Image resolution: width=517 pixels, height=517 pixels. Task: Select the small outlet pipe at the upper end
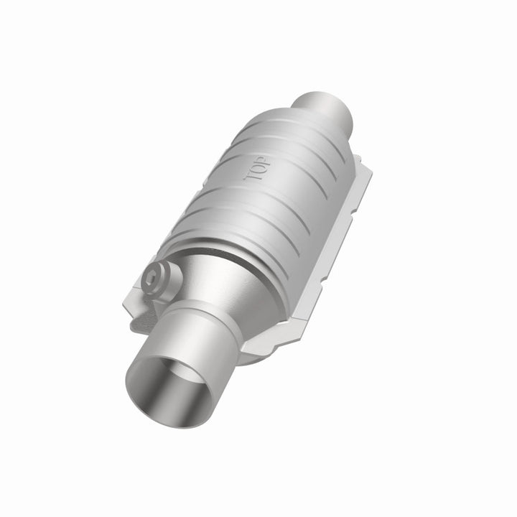[x=326, y=112]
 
